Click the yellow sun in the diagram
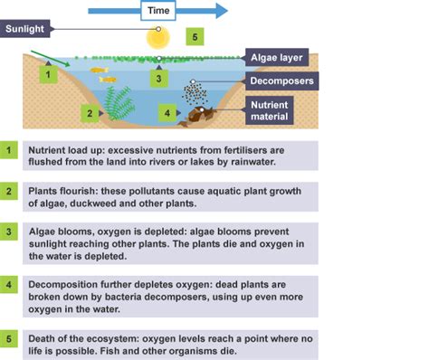pos(158,37)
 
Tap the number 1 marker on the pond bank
pos(42,75)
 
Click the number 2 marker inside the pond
pos(89,113)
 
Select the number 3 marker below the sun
pos(158,78)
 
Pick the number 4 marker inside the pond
pos(167,113)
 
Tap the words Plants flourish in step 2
pos(64,192)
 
